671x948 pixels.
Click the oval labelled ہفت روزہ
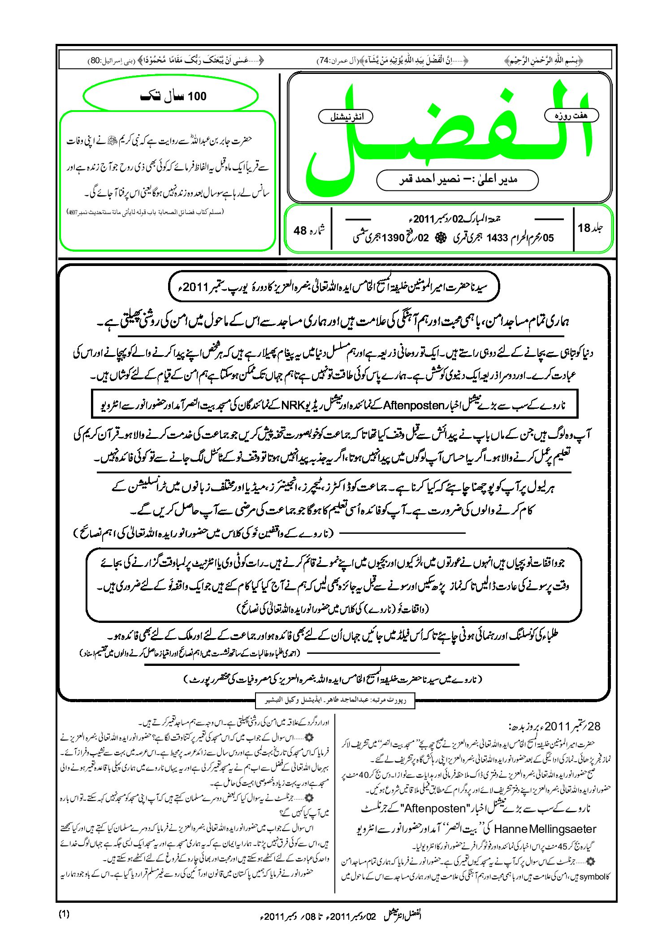(571, 116)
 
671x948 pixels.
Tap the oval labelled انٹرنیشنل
(346, 117)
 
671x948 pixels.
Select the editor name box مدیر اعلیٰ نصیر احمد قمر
(457, 180)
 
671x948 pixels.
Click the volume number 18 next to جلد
(584, 228)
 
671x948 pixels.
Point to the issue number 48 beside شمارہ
(300, 230)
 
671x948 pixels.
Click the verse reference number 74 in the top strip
(323, 60)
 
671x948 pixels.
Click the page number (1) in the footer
(64, 914)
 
